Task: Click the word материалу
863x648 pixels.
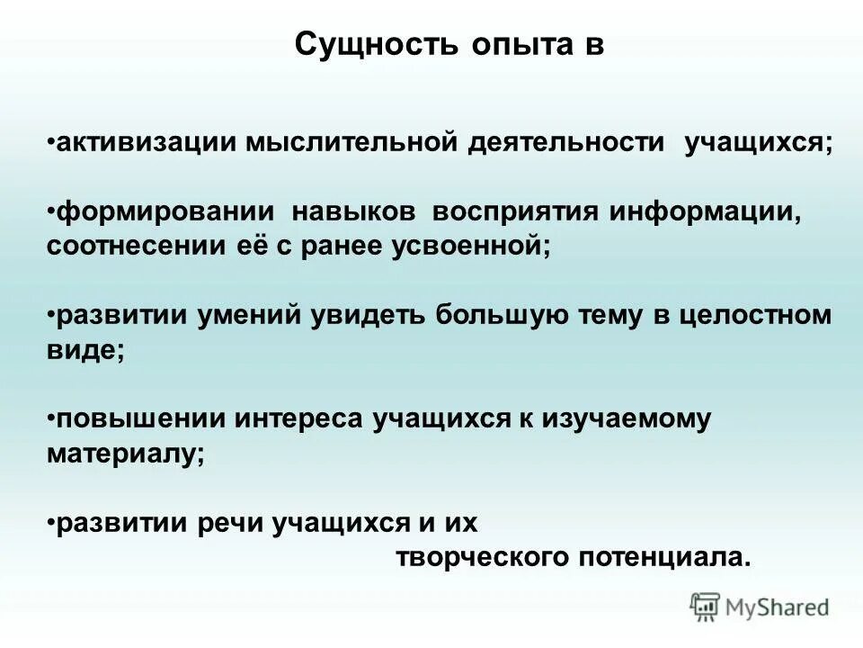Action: (x=125, y=454)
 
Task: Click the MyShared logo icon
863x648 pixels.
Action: (x=705, y=607)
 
